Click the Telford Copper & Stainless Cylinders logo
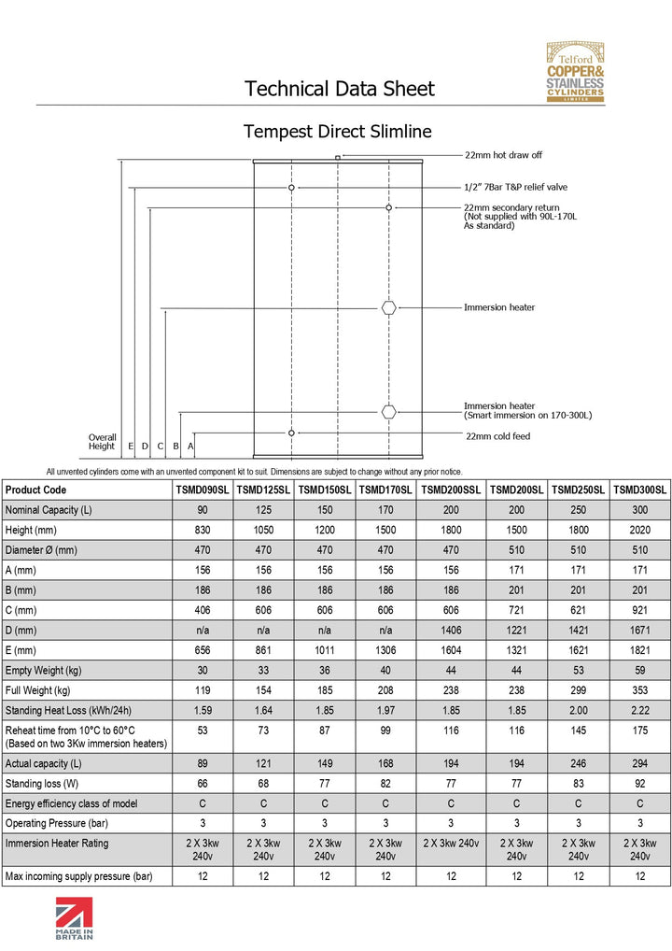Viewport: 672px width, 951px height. tap(575, 72)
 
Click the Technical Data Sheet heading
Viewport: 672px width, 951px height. tap(339, 89)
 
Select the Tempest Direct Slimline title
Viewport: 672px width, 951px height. tap(337, 131)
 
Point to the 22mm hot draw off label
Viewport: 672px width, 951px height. tap(503, 155)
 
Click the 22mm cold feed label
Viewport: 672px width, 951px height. tap(497, 435)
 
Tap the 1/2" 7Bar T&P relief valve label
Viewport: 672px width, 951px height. tap(515, 187)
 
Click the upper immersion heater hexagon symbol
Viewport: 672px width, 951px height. tap(389, 307)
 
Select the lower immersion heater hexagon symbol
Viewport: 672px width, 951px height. tap(389, 412)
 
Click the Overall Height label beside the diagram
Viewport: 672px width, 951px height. tap(102, 441)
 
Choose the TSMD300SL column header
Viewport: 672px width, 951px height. tap(640, 490)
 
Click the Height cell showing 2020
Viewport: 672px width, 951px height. tap(640, 530)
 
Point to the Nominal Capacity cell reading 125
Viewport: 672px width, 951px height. tap(263, 510)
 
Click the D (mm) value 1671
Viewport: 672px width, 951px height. tap(640, 629)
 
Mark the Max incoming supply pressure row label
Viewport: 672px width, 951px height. tap(78, 876)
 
